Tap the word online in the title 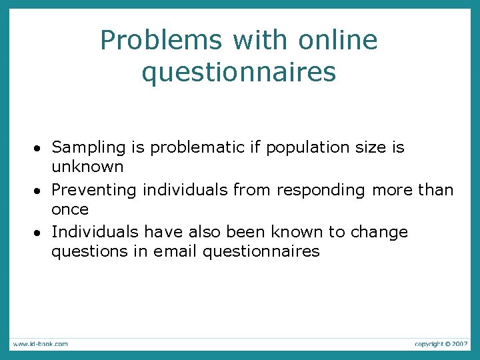[338, 41]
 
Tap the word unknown [87, 167]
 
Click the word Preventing [93, 190]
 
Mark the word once [70, 209]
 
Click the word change [375, 232]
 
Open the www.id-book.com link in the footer [39, 344]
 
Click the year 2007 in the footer [459, 344]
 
